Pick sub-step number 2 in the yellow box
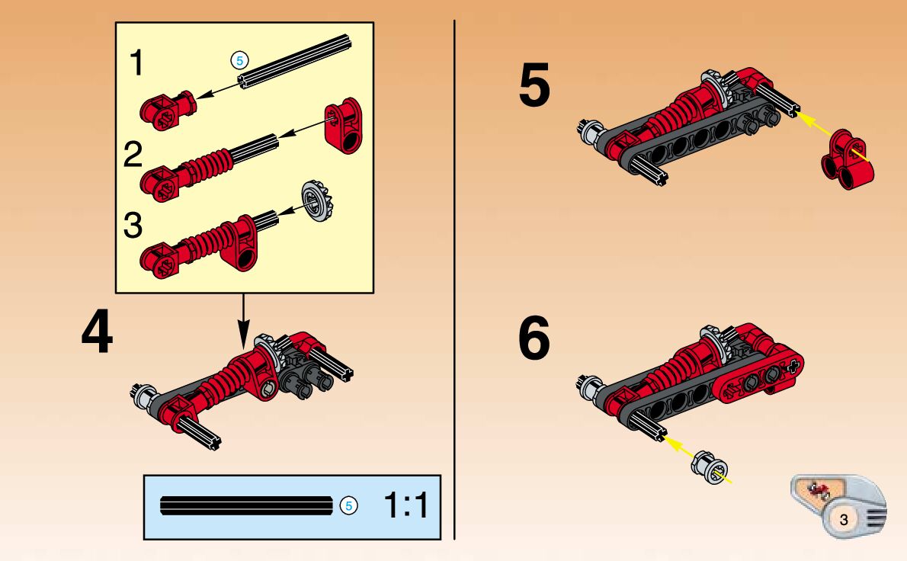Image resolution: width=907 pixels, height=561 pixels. click(133, 155)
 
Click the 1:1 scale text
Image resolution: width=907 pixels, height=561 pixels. click(406, 506)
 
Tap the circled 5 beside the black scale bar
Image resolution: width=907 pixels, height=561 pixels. click(348, 505)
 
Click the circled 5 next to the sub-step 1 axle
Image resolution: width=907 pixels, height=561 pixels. click(239, 59)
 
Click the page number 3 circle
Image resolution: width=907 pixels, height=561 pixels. click(843, 520)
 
